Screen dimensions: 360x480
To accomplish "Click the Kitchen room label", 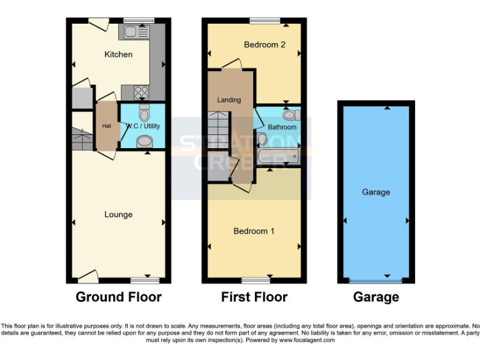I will [118, 54].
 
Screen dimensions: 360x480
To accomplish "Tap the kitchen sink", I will [136, 31].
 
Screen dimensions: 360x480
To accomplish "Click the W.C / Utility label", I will [143, 126].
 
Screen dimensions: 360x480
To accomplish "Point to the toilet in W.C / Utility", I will [144, 113].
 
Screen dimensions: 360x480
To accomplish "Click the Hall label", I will [106, 126].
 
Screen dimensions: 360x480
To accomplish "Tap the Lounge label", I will [118, 214].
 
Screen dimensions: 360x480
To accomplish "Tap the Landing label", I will [229, 100].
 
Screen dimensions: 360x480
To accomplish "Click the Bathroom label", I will [282, 127].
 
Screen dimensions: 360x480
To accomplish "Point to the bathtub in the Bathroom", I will [279, 156].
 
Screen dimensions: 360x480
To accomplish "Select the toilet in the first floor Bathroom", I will [290, 115].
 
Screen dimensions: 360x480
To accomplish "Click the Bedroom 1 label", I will [254, 231].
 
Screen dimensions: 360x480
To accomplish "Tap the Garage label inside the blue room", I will [376, 192].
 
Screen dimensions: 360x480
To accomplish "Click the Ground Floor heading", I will [118, 297].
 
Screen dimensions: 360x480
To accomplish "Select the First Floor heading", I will [254, 297].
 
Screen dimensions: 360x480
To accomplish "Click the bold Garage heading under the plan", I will [376, 297].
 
